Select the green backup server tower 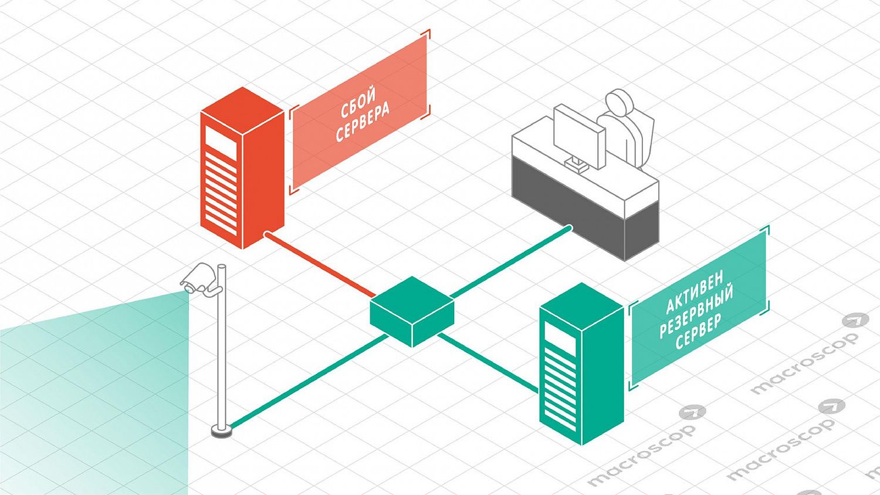[x=580, y=364]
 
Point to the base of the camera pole [x=222, y=432]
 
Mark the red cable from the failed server [x=320, y=264]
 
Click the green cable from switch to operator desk [x=510, y=261]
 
